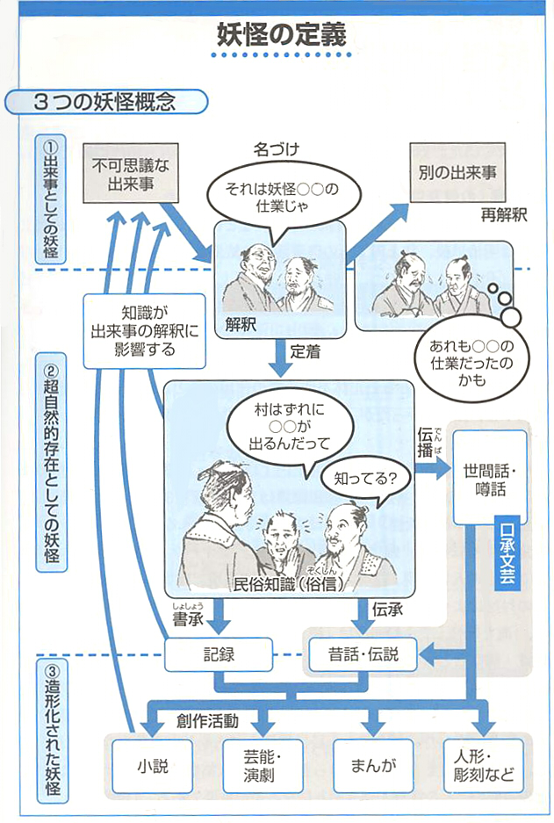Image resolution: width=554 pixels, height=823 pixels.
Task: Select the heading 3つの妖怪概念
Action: [105, 101]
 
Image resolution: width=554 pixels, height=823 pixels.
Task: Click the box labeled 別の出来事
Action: [452, 172]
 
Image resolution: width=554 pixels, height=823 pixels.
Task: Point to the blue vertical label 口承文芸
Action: [507, 558]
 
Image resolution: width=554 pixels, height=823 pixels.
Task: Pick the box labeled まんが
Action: [372, 764]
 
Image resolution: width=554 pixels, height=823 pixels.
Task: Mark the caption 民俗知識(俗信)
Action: [289, 582]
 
